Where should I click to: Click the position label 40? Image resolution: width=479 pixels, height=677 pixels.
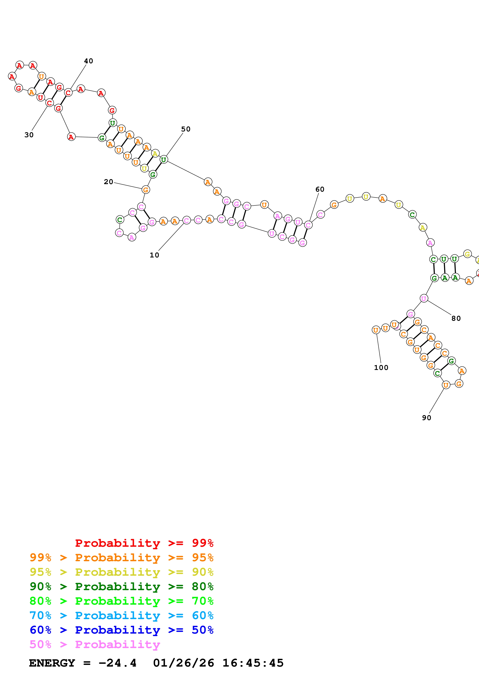click(x=88, y=61)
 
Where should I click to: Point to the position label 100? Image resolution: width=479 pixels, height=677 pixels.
click(x=381, y=368)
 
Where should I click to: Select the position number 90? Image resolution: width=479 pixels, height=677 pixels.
click(x=426, y=418)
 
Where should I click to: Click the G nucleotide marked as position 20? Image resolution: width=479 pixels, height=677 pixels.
click(x=145, y=190)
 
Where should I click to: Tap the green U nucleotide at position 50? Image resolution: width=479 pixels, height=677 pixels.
click(x=163, y=160)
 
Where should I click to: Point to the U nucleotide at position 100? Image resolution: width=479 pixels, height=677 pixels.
click(x=376, y=330)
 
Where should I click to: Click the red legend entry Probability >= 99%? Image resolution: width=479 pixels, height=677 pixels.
click(x=144, y=543)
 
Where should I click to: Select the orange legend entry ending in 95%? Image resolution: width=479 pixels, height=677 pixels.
click(x=121, y=557)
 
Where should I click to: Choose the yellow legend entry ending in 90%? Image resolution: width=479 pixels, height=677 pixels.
click(x=121, y=572)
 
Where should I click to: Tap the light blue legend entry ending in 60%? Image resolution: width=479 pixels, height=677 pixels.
click(x=121, y=615)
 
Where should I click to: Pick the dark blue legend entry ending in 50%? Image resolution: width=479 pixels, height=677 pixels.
click(x=121, y=630)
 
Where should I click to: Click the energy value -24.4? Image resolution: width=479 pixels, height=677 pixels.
click(x=117, y=663)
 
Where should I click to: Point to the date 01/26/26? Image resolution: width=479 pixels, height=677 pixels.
click(x=184, y=663)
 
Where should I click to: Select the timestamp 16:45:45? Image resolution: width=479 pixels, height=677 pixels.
click(x=253, y=663)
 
